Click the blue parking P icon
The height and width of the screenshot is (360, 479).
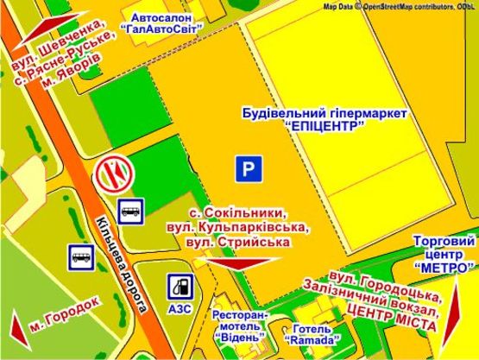click(249, 170)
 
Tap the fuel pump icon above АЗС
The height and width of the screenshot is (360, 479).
click(181, 284)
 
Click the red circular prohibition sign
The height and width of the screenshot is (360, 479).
click(112, 174)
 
